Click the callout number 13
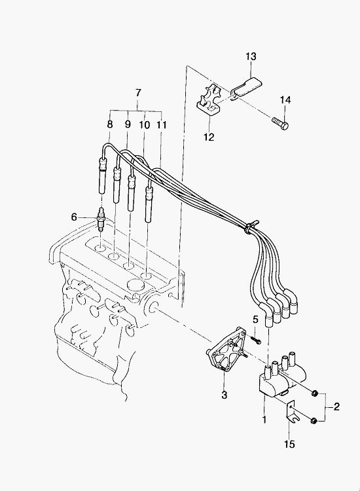tap(251, 57)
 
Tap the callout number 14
tap(285, 100)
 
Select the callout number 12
tap(209, 137)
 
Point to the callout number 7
tap(138, 93)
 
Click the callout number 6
tap(74, 217)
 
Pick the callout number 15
tap(290, 444)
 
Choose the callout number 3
tap(224, 395)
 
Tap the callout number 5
tap(255, 319)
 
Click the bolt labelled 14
tap(280, 123)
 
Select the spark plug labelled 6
tap(101, 219)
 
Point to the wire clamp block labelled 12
tap(209, 100)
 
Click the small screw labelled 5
tap(256, 340)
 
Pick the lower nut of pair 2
tap(314, 421)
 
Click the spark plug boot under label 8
tap(103, 177)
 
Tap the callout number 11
tap(162, 124)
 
